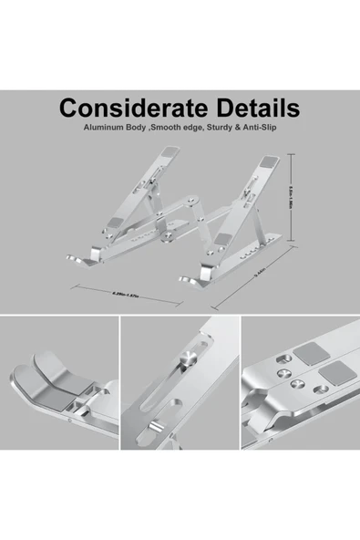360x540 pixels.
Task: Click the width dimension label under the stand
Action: pyautogui.click(x=122, y=294)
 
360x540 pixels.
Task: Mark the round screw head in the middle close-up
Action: pyautogui.click(x=189, y=356)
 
